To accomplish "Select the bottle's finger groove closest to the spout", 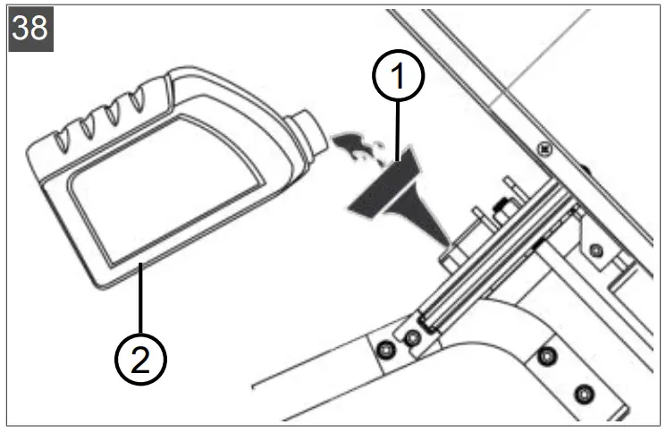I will tap(137, 106).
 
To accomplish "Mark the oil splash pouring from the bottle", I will tap(354, 145).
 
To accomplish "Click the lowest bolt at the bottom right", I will tap(584, 393).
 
